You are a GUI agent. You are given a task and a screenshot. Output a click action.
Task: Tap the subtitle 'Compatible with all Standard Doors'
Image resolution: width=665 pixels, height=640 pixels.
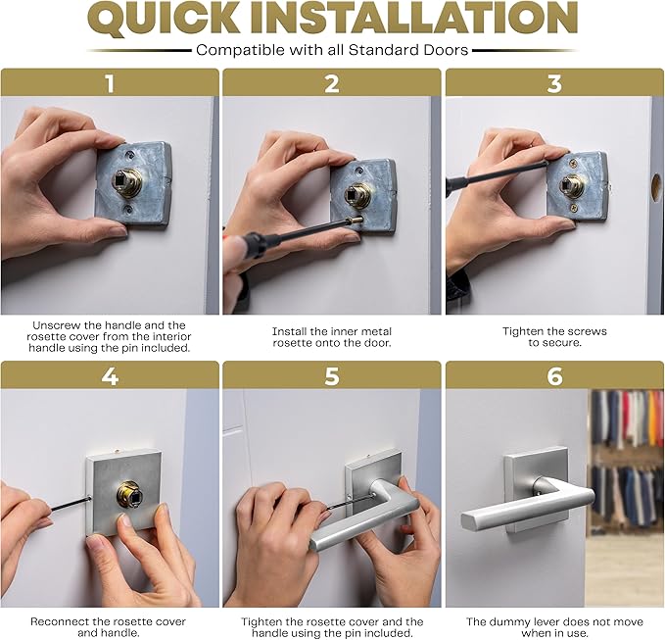(x=332, y=50)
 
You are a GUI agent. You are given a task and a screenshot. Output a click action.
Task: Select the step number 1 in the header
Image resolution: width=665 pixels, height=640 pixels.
(x=110, y=82)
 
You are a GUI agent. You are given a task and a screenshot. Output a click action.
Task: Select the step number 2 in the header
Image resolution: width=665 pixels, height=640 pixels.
(x=332, y=82)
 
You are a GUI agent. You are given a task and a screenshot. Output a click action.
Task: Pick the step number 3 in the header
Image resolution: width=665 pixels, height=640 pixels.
(x=554, y=82)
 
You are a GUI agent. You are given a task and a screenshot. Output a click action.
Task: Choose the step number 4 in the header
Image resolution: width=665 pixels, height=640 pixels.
(x=110, y=375)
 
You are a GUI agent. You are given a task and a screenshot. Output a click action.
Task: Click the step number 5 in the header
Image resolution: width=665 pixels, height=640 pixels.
(x=332, y=375)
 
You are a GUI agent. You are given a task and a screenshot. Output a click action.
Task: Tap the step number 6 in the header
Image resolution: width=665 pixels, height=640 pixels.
(x=554, y=375)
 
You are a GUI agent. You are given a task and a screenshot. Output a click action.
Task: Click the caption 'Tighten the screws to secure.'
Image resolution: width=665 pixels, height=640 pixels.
(x=554, y=337)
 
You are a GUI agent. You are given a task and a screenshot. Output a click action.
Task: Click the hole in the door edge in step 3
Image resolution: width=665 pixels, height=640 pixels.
(x=655, y=186)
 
